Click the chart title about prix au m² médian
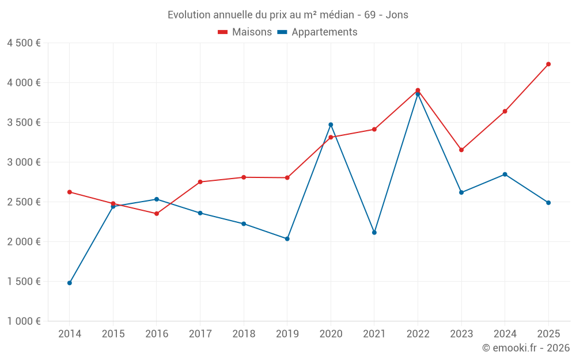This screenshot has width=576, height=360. [x=287, y=15]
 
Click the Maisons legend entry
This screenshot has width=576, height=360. [x=245, y=32]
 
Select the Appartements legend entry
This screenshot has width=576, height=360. [x=317, y=32]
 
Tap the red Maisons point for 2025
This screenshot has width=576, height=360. [x=548, y=64]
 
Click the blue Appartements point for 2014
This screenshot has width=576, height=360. [x=70, y=283]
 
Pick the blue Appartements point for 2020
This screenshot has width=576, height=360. [x=331, y=124]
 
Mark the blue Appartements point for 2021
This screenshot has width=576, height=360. [x=374, y=233]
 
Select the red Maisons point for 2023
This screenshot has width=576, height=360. [x=461, y=150]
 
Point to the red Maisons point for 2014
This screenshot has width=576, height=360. [x=70, y=192]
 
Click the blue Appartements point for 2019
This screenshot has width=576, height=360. [x=287, y=238]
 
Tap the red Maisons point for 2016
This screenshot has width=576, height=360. [x=157, y=214]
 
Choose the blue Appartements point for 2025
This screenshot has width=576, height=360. [x=548, y=203]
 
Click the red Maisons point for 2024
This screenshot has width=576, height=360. [x=505, y=111]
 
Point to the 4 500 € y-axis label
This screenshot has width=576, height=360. [x=24, y=43]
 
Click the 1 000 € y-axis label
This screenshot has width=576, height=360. [x=24, y=321]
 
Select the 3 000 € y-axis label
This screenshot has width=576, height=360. [x=24, y=162]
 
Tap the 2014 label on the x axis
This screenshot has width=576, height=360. [x=70, y=334]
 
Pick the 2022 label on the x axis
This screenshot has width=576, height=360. [x=418, y=334]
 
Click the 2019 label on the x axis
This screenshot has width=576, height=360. [x=287, y=334]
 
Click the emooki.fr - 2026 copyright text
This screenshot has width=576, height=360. [x=525, y=348]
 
